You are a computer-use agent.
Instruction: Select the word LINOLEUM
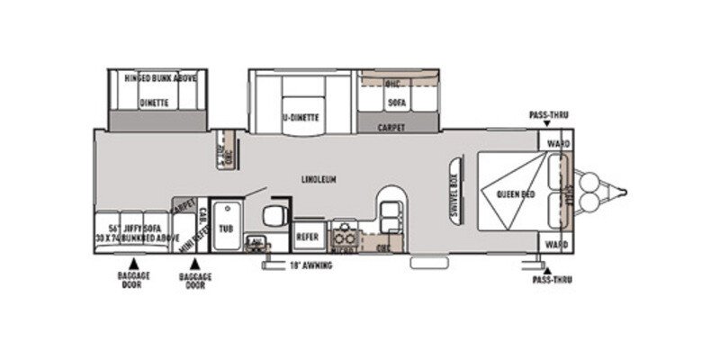click(319, 179)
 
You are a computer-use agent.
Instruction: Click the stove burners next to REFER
click(345, 238)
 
